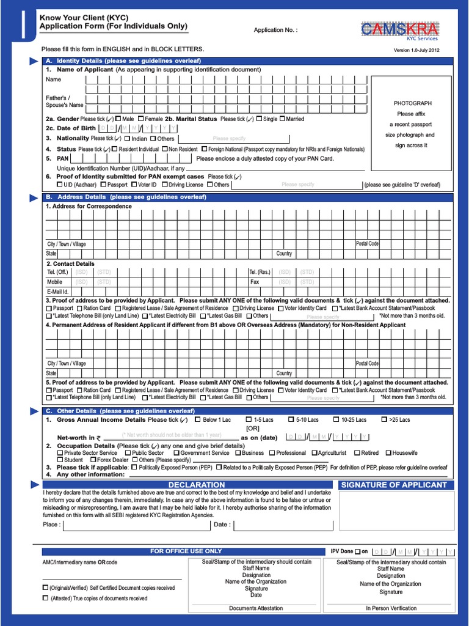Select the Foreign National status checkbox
pos(203,149)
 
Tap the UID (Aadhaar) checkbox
pos(59,184)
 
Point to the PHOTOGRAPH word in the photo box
pos(412,103)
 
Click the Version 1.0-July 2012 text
pos(416,50)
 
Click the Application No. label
pos(275,30)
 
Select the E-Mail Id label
pos(57,292)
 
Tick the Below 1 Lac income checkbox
pos(197,419)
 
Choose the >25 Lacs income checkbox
pos(384,419)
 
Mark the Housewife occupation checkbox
pos(388,453)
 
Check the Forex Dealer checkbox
pos(93,460)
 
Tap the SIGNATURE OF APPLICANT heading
pos(397,485)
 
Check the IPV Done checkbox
pos(357,551)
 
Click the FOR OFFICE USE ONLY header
pos(186,551)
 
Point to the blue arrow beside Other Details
pos(34,411)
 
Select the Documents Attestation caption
pos(256,608)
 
